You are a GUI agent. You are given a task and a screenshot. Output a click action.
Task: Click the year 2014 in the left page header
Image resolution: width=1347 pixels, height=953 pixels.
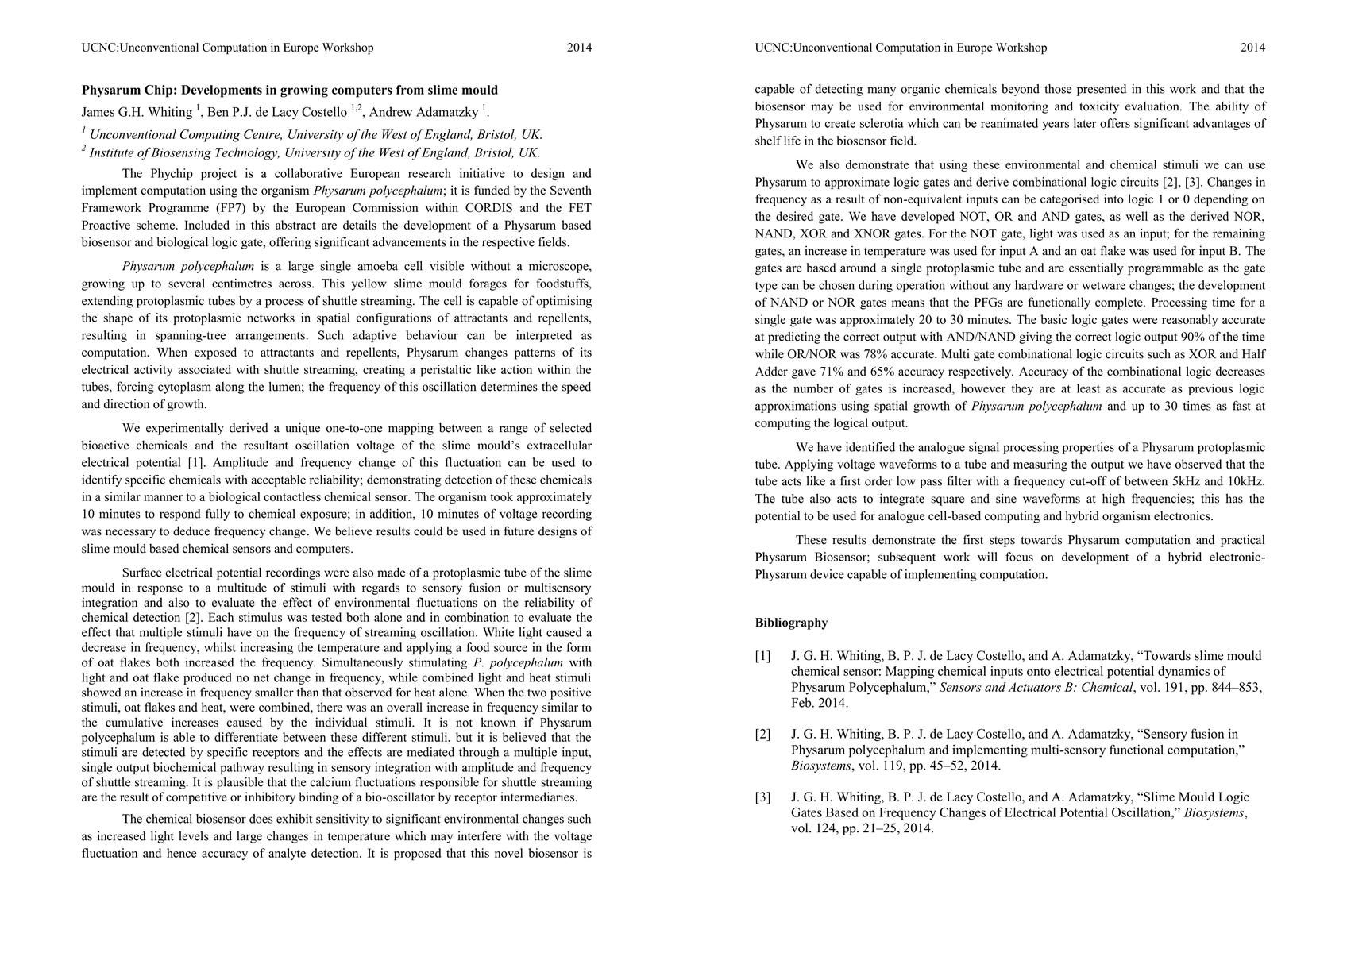tap(579, 48)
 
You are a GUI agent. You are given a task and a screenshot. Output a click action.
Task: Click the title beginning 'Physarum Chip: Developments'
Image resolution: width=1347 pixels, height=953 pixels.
tap(290, 90)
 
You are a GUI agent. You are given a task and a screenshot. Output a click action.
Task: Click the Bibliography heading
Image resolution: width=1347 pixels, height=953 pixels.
tap(791, 623)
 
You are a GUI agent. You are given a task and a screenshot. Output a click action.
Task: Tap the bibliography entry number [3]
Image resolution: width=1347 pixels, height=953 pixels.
tap(762, 797)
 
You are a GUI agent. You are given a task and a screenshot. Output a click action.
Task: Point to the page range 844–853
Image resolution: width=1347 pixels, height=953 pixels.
tap(1230, 688)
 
